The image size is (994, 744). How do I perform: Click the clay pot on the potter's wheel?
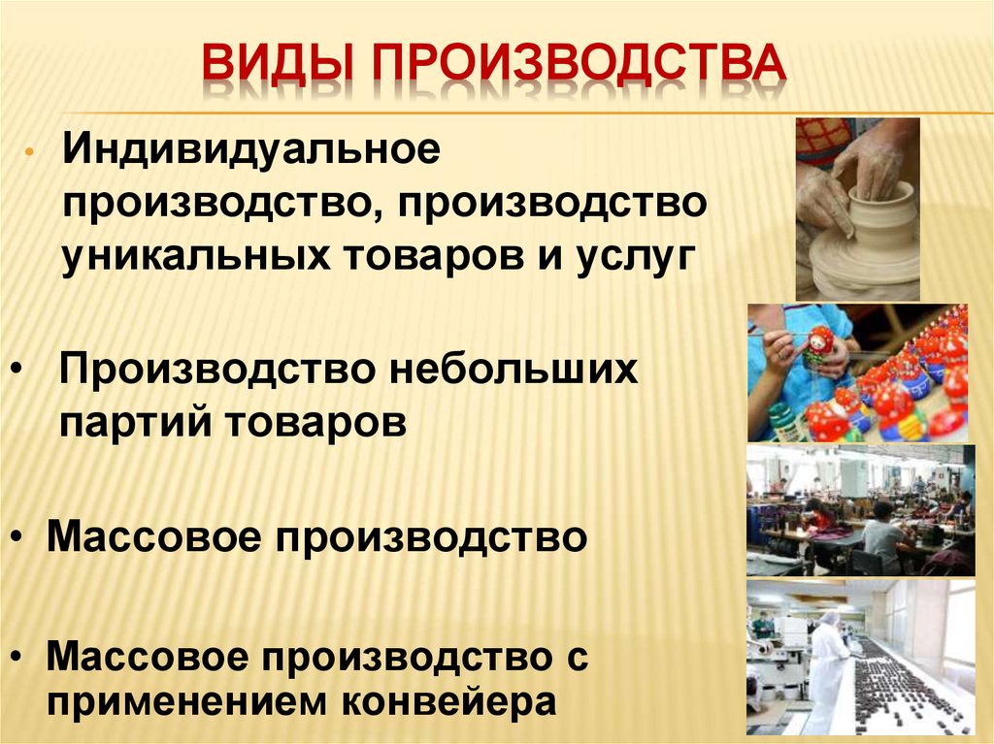874,228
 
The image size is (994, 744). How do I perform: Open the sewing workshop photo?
860,510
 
